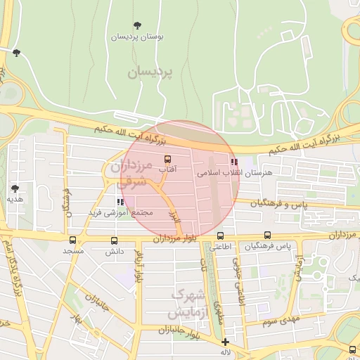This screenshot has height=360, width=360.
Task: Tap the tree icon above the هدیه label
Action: pos(15,188)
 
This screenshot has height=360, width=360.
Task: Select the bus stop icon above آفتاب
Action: pos(167,159)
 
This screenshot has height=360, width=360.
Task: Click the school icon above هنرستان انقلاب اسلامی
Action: pos(233,162)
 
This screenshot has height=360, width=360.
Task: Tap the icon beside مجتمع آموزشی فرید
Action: pos(121,203)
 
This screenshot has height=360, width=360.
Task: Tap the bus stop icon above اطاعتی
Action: pos(221,236)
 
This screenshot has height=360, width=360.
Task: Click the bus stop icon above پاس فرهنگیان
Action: pos(267,236)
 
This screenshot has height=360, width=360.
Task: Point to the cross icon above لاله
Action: pos(225,342)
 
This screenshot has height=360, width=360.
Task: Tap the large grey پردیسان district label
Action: pos(149,72)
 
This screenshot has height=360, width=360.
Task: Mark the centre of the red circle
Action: pos(182,179)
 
